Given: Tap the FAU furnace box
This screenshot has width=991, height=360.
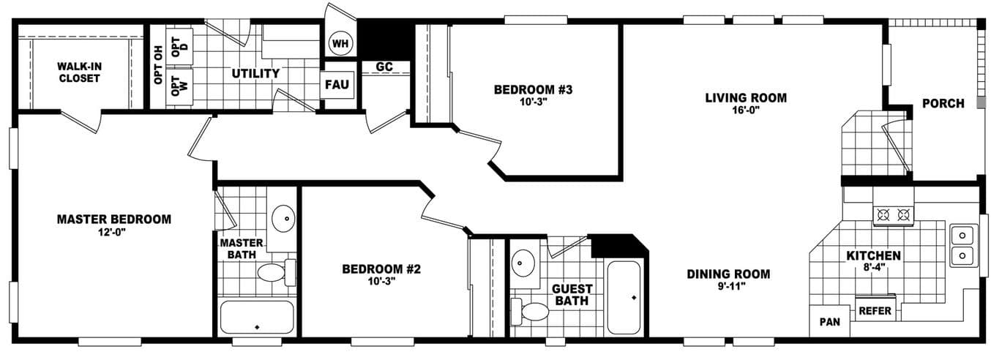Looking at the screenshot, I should pyautogui.click(x=337, y=84).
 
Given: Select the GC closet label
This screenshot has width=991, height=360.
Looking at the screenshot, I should pyautogui.click(x=384, y=67).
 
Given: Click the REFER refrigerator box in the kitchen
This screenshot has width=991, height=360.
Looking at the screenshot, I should pyautogui.click(x=875, y=310).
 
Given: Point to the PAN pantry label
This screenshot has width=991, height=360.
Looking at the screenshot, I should pyautogui.click(x=829, y=321).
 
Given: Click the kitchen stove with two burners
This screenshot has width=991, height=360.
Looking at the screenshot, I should pyautogui.click(x=893, y=215).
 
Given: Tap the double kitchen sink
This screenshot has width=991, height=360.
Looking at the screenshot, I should pyautogui.click(x=962, y=245).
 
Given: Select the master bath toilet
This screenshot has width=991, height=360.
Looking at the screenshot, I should pyautogui.click(x=274, y=273).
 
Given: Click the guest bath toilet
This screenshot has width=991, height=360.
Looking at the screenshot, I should pyautogui.click(x=531, y=312).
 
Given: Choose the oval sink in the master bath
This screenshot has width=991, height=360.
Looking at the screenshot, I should pyautogui.click(x=283, y=217).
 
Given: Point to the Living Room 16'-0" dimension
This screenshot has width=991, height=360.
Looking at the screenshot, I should pyautogui.click(x=746, y=111).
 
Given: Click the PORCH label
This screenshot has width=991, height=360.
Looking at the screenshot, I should pyautogui.click(x=943, y=103).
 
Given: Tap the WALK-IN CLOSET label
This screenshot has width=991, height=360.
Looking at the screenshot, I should pyautogui.click(x=79, y=72).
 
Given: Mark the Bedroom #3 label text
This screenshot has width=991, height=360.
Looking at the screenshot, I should pyautogui.click(x=532, y=90).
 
